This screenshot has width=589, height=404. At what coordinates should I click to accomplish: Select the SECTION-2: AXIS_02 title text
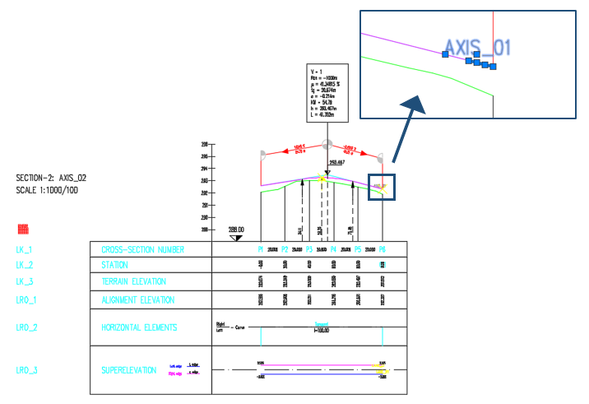tap(51, 178)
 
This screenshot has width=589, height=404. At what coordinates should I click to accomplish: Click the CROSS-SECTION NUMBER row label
tap(142, 249)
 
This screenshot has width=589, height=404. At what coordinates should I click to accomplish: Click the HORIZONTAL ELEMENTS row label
tap(138, 327)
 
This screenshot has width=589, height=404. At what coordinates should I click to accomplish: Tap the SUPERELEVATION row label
tap(128, 370)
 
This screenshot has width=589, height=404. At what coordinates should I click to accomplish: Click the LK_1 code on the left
tap(25, 249)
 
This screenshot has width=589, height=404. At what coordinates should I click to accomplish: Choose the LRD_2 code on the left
tap(26, 327)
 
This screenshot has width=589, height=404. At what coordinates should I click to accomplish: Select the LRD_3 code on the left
tap(26, 370)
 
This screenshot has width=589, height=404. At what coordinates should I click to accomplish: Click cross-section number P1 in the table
tap(260, 248)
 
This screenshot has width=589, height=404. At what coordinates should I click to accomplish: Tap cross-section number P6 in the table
tap(382, 248)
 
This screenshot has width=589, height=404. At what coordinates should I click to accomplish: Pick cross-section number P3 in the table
tap(308, 248)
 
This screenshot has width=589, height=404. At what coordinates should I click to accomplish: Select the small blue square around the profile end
tap(383, 188)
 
